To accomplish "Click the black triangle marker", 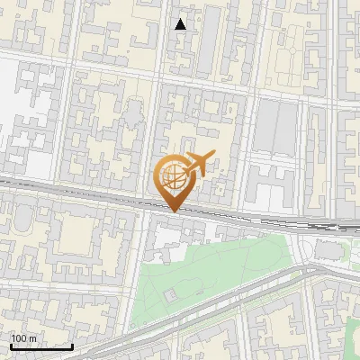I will point(181,24).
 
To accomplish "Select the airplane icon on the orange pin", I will point(197,164).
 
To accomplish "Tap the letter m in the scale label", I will point(33,338).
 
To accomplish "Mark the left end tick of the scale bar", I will point(11,345).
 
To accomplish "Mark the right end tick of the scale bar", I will point(72,345).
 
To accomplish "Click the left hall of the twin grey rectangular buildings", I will point(267,125).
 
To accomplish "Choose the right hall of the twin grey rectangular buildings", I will point(287,125).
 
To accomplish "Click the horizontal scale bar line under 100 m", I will point(41,346).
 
